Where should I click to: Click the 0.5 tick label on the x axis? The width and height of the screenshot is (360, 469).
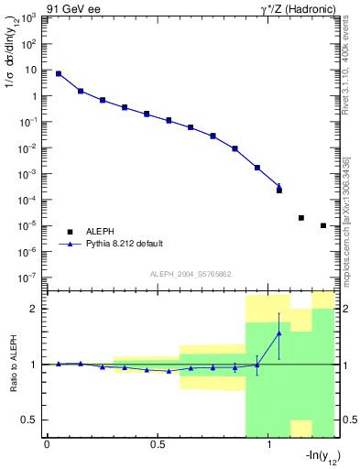tap(158, 444)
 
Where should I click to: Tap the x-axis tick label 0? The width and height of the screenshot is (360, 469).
tap(47, 444)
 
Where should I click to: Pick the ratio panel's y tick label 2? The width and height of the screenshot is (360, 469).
tap(36, 309)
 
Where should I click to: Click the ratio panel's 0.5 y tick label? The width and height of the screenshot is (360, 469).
tap(30, 420)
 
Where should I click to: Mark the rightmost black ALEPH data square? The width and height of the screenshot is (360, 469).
tap(323, 225)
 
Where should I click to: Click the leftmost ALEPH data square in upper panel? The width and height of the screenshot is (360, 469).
tap(59, 74)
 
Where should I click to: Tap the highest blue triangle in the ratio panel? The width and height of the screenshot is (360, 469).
tap(279, 333)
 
